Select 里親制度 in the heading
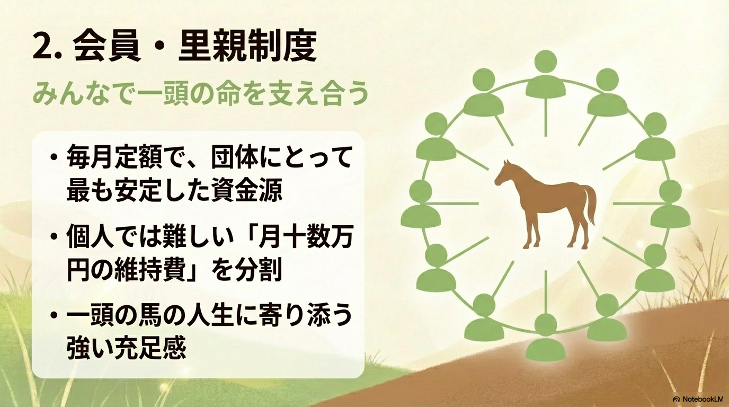coord(247,47)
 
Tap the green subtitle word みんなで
coord(82,94)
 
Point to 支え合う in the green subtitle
coord(317,94)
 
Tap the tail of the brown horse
coord(590,205)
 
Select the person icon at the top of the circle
coord(546,74)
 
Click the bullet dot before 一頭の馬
coord(54,316)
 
